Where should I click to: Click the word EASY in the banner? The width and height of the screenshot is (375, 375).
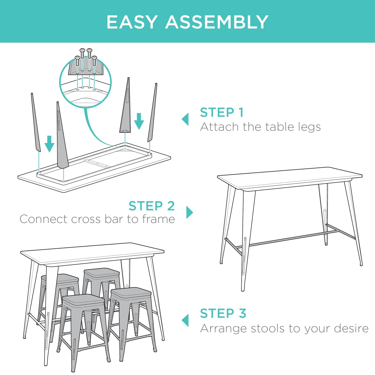click(132, 22)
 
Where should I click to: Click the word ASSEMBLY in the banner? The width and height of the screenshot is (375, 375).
click(217, 22)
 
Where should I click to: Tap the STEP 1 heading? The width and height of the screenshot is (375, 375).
click(222, 112)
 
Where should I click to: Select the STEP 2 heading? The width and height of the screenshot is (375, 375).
click(151, 206)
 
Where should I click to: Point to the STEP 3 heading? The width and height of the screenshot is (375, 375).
click(223, 313)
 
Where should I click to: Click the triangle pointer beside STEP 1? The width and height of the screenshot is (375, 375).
click(185, 119)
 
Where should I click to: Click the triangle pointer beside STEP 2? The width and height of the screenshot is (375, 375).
click(190, 212)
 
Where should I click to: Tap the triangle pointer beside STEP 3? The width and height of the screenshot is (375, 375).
click(185, 320)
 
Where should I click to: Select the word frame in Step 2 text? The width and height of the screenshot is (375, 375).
click(158, 219)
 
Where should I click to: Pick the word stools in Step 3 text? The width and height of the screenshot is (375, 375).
click(268, 328)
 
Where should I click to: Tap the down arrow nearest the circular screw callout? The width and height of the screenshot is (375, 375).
click(139, 121)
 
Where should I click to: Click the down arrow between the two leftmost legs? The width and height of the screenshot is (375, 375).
click(49, 144)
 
